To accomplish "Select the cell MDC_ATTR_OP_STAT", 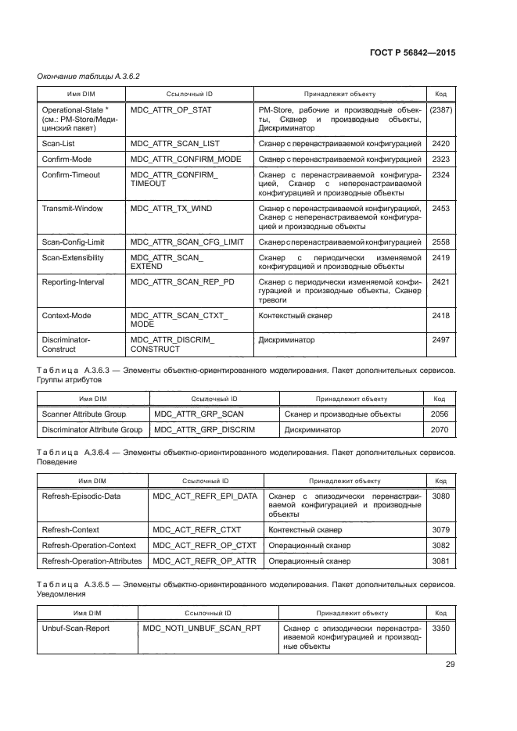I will pyautogui.click(x=171, y=110).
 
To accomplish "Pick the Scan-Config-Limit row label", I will pyautogui.click(x=72, y=242).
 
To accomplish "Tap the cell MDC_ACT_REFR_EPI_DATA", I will pyautogui.click(x=204, y=496).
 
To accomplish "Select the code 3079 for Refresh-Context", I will pyautogui.click(x=440, y=529).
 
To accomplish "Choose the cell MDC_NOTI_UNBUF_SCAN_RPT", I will pyautogui.click(x=202, y=627).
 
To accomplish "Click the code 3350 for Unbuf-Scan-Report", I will pyautogui.click(x=440, y=627).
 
